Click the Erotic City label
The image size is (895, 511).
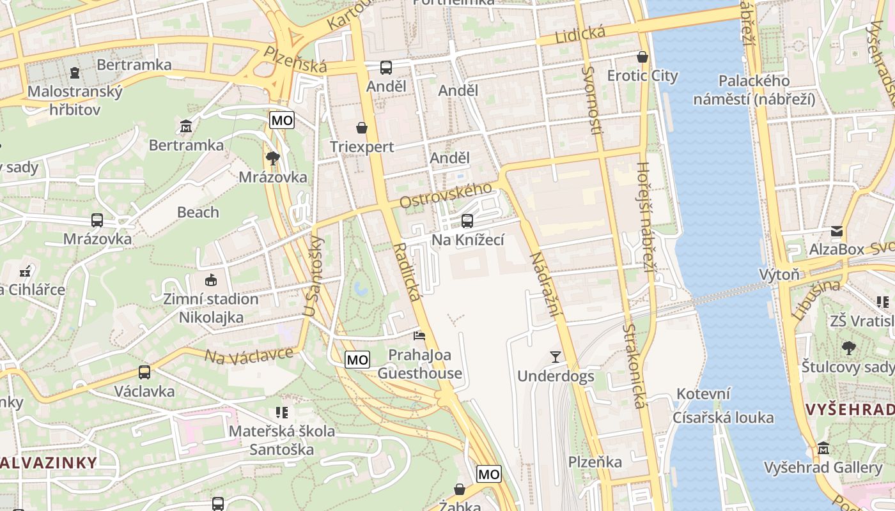point(642,76)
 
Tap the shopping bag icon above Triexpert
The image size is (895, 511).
point(362,128)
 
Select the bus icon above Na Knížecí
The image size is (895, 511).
point(467,221)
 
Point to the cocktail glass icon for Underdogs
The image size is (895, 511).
point(555,356)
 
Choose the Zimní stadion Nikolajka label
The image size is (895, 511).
point(211,308)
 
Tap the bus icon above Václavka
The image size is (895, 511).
point(144,372)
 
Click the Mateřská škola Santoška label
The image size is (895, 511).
point(282,440)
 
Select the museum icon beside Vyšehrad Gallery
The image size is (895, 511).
point(823,448)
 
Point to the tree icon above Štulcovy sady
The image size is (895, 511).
point(848,348)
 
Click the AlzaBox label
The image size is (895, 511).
point(837,249)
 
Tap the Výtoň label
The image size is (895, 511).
point(779,275)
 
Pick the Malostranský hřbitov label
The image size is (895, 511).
point(75,100)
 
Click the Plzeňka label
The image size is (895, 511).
point(595,462)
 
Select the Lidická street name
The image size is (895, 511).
point(580,34)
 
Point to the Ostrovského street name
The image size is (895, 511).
point(446,195)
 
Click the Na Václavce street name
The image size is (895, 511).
point(249,355)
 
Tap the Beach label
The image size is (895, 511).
point(198,212)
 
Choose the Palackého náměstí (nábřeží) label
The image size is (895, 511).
point(754,90)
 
